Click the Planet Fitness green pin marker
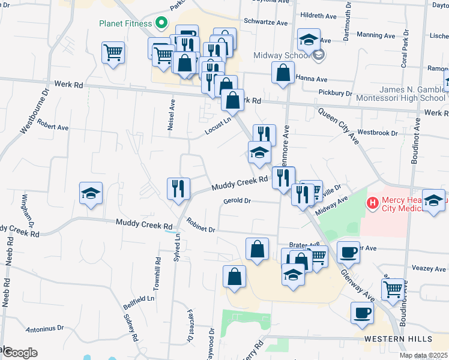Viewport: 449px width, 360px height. coord(161,25)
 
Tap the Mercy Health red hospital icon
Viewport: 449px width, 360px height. coord(373,203)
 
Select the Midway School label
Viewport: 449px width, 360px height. coord(281,55)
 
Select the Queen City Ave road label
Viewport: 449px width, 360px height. coord(338,126)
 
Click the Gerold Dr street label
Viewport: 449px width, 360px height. coord(237,201)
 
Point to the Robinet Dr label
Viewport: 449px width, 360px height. coord(200,226)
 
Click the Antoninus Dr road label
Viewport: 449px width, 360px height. coord(45,329)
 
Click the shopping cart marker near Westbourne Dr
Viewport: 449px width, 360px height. coord(112,53)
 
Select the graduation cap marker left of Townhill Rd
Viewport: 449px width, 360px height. coord(91,193)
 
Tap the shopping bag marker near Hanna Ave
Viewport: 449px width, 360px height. coord(282,72)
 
